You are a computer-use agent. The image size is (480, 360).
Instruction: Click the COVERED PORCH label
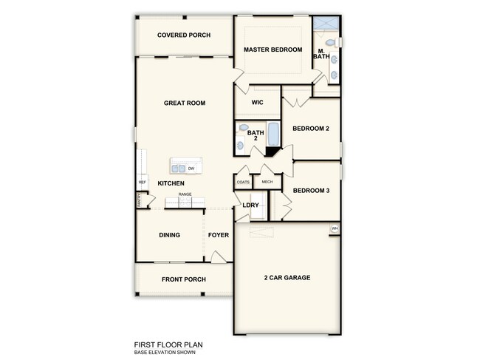(185, 35)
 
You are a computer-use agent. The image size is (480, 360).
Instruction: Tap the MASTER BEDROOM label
(273, 50)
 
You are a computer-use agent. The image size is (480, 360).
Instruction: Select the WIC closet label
(258, 103)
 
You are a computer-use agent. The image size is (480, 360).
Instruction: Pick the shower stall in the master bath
(326, 21)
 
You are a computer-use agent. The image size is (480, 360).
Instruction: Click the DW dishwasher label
(191, 169)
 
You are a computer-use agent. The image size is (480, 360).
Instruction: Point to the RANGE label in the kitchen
(185, 194)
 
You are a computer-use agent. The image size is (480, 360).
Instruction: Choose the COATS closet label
(243, 182)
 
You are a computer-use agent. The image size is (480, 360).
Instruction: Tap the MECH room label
(267, 182)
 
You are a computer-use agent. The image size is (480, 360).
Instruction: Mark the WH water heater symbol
(335, 228)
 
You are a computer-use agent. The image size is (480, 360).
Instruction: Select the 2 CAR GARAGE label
(287, 278)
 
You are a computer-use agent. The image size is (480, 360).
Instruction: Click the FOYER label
(219, 235)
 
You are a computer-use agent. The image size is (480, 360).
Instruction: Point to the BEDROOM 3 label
(311, 191)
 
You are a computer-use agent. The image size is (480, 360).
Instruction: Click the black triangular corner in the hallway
(272, 152)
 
